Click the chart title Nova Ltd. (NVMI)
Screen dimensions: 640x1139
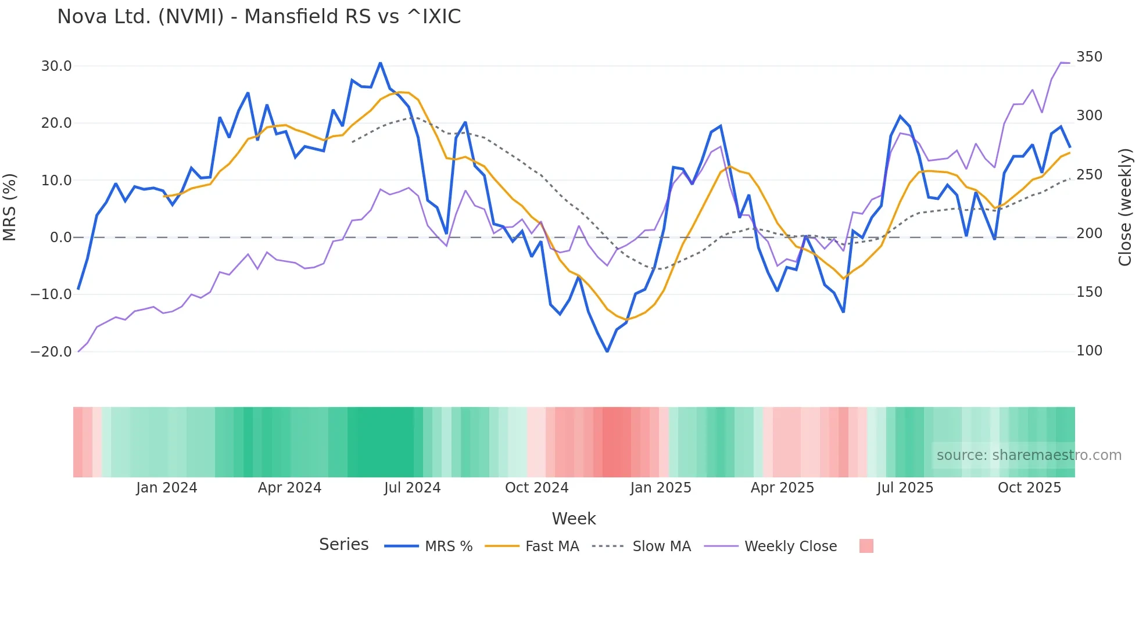tap(259, 16)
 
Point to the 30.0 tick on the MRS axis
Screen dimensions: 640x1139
tap(56, 66)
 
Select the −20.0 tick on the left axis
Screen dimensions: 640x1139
tap(51, 352)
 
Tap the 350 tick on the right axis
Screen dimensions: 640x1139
tap(1089, 57)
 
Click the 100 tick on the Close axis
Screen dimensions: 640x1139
tap(1089, 351)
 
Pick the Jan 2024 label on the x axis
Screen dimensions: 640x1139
tap(167, 488)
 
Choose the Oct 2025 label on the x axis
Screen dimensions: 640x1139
tap(1029, 488)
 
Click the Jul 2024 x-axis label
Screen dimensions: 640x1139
tap(412, 488)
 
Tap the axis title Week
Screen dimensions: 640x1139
tap(574, 519)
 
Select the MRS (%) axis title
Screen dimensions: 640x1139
tap(10, 207)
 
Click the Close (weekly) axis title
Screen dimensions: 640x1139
tap(1125, 207)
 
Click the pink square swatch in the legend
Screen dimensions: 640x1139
tap(866, 546)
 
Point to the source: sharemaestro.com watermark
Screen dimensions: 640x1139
tap(1029, 455)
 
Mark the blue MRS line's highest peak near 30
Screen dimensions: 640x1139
tap(380, 63)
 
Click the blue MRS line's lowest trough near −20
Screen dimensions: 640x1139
tap(607, 351)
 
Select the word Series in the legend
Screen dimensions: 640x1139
tap(343, 545)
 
